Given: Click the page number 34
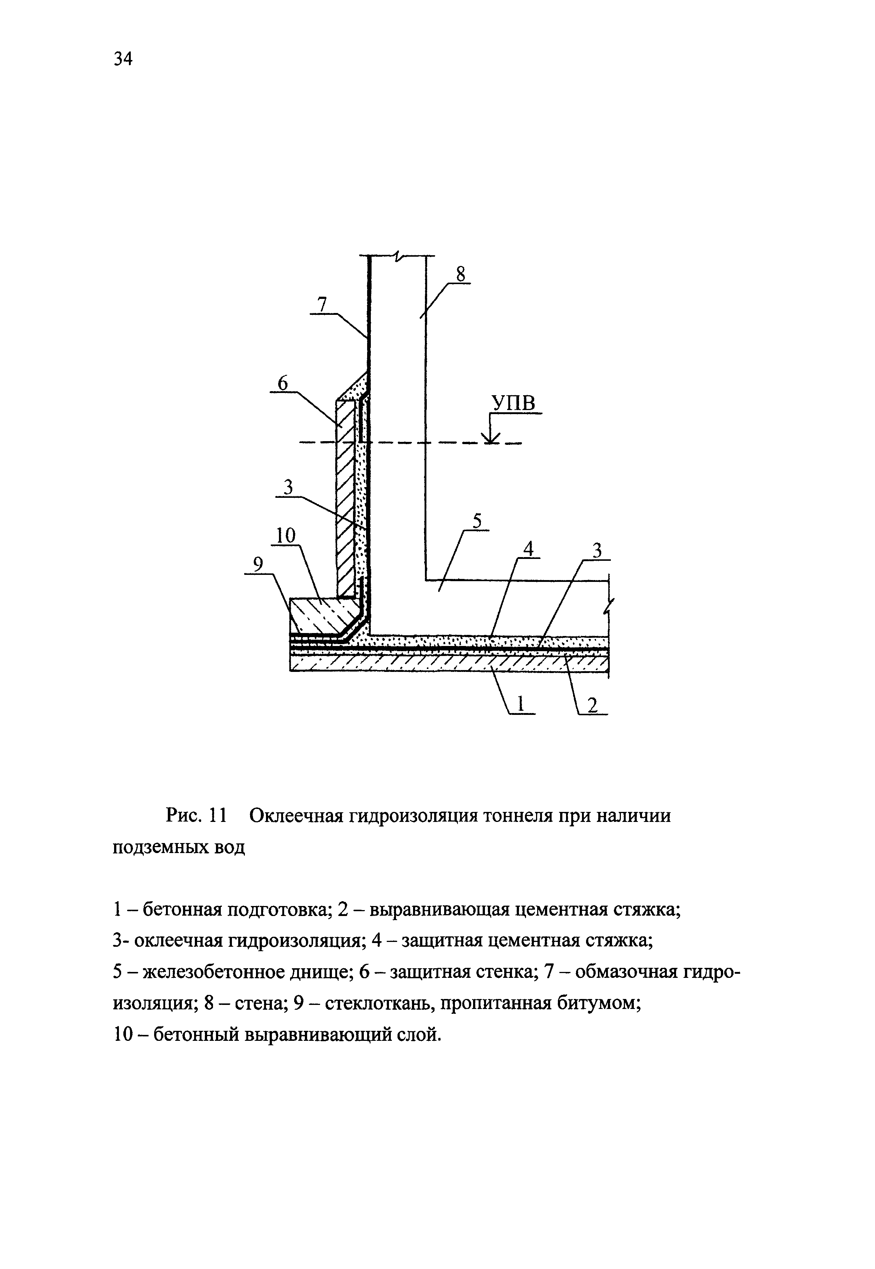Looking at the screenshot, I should [123, 58].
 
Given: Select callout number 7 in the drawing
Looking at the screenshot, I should [322, 304].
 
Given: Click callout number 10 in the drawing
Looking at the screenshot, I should [285, 536].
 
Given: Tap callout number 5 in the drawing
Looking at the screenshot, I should [477, 521].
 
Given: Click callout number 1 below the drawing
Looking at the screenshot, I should [521, 703].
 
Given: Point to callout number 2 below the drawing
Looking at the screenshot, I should [592, 706].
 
